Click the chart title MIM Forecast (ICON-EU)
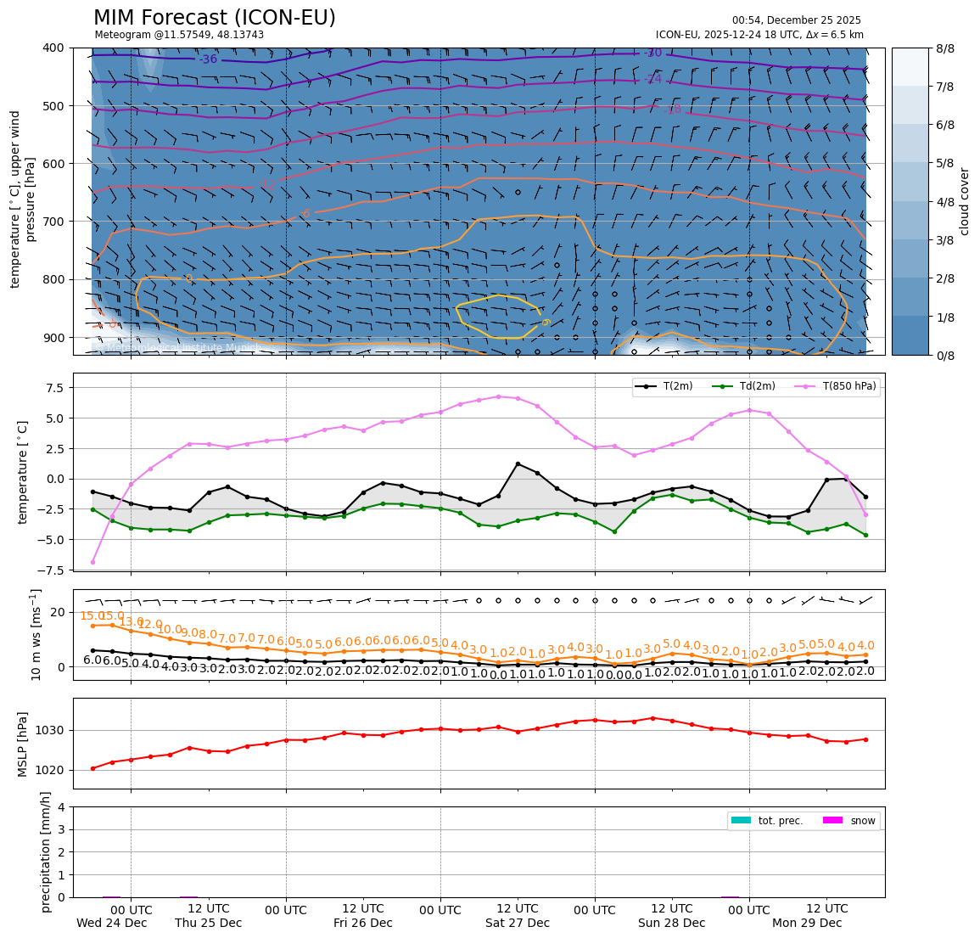[x=214, y=18]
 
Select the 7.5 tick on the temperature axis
[x=54, y=388]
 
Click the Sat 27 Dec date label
[x=518, y=923]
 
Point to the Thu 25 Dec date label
[x=209, y=923]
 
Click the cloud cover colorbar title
[x=964, y=201]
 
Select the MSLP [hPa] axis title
[x=24, y=744]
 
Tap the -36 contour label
[x=208, y=59]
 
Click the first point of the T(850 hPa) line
[x=92, y=562]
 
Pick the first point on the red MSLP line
[x=92, y=768]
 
